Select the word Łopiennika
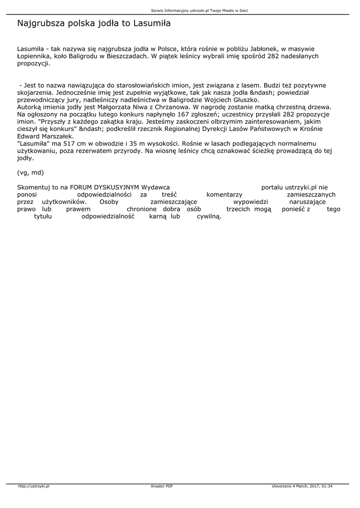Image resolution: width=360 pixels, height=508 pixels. pos(35,57)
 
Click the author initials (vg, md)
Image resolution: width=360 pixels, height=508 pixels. pos(30,172)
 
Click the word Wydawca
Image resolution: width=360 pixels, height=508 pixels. pos(156,188)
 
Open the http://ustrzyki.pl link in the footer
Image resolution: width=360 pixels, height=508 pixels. pos(34,486)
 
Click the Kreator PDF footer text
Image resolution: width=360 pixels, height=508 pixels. pos(162,486)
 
